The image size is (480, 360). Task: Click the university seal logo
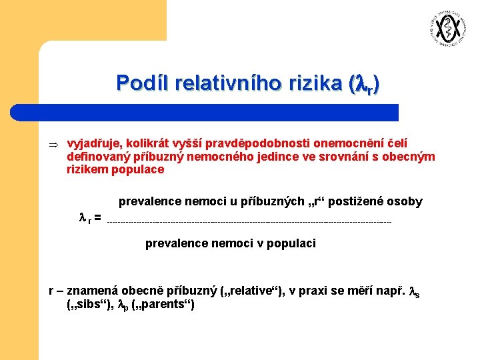[x=445, y=29]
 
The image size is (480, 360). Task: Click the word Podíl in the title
[x=142, y=83]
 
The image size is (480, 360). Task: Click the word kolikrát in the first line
[x=146, y=144]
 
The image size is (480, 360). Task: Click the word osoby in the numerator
[x=405, y=201]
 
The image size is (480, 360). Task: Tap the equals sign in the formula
[x=97, y=218]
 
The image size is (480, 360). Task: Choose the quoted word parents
[x=164, y=305]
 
